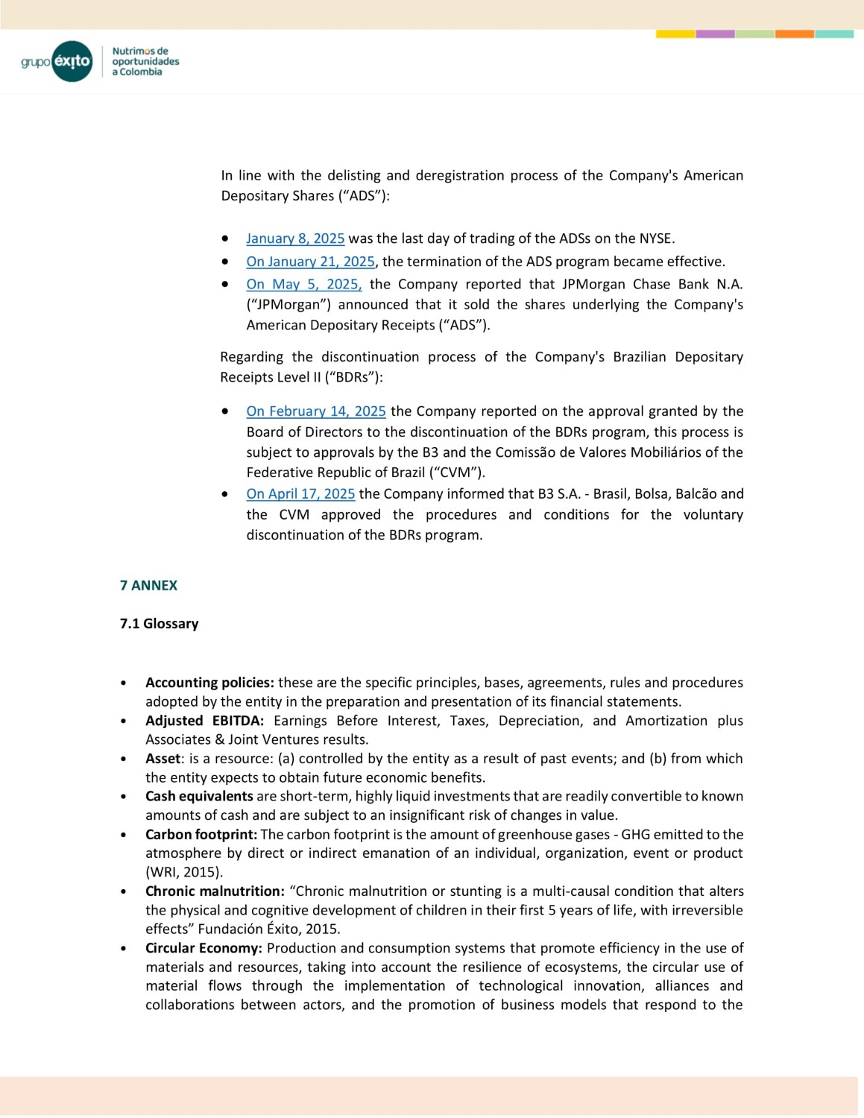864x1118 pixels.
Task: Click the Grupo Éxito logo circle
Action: click(72, 61)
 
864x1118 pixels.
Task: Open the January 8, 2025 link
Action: click(295, 239)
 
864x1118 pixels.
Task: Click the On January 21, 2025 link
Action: click(310, 262)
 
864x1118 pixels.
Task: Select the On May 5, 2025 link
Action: click(304, 284)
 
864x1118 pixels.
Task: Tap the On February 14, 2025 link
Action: click(316, 411)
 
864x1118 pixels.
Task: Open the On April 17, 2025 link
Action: click(300, 494)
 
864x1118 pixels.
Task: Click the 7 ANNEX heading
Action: click(148, 586)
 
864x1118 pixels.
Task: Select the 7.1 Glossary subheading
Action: click(159, 624)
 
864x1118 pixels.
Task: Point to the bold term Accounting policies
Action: click(209, 683)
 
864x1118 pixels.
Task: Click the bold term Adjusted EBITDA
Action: click(204, 721)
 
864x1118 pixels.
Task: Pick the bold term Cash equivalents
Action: click(199, 796)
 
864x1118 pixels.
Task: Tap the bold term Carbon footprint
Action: click(201, 834)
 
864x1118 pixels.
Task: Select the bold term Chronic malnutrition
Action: click(215, 891)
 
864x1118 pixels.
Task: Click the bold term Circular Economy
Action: click(204, 948)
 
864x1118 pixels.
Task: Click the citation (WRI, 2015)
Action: click(184, 872)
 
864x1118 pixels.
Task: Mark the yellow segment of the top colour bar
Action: click(675, 34)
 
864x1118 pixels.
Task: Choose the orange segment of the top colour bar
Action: click(795, 34)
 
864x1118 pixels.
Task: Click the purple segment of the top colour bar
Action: click(715, 34)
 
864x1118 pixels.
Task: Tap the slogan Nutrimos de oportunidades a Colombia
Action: click(145, 62)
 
